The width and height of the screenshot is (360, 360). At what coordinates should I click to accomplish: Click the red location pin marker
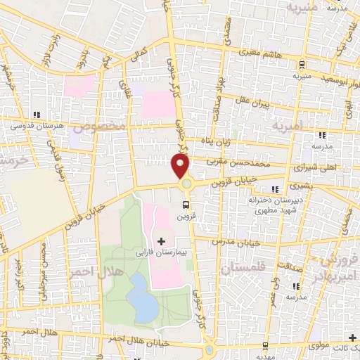click(181, 166)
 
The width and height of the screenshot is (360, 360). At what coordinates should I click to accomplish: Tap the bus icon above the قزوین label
click(186, 205)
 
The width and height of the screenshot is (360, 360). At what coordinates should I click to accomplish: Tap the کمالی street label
click(141, 53)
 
